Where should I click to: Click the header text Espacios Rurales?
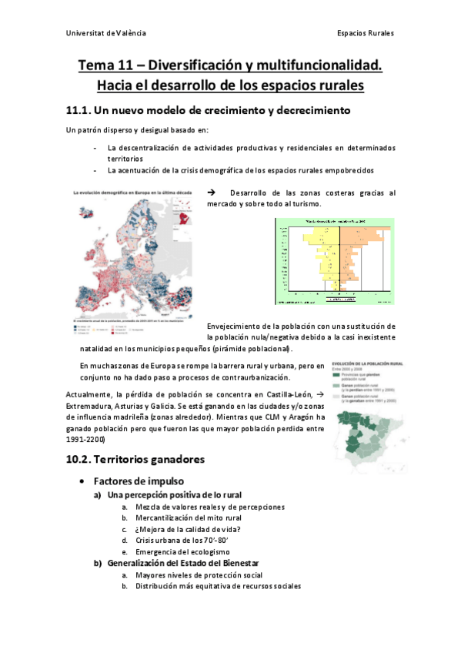(366, 33)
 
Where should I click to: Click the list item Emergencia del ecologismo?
(182, 552)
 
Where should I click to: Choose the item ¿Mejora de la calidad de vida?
(187, 530)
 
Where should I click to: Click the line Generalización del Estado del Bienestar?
(182, 564)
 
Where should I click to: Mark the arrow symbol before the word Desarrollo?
(212, 193)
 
